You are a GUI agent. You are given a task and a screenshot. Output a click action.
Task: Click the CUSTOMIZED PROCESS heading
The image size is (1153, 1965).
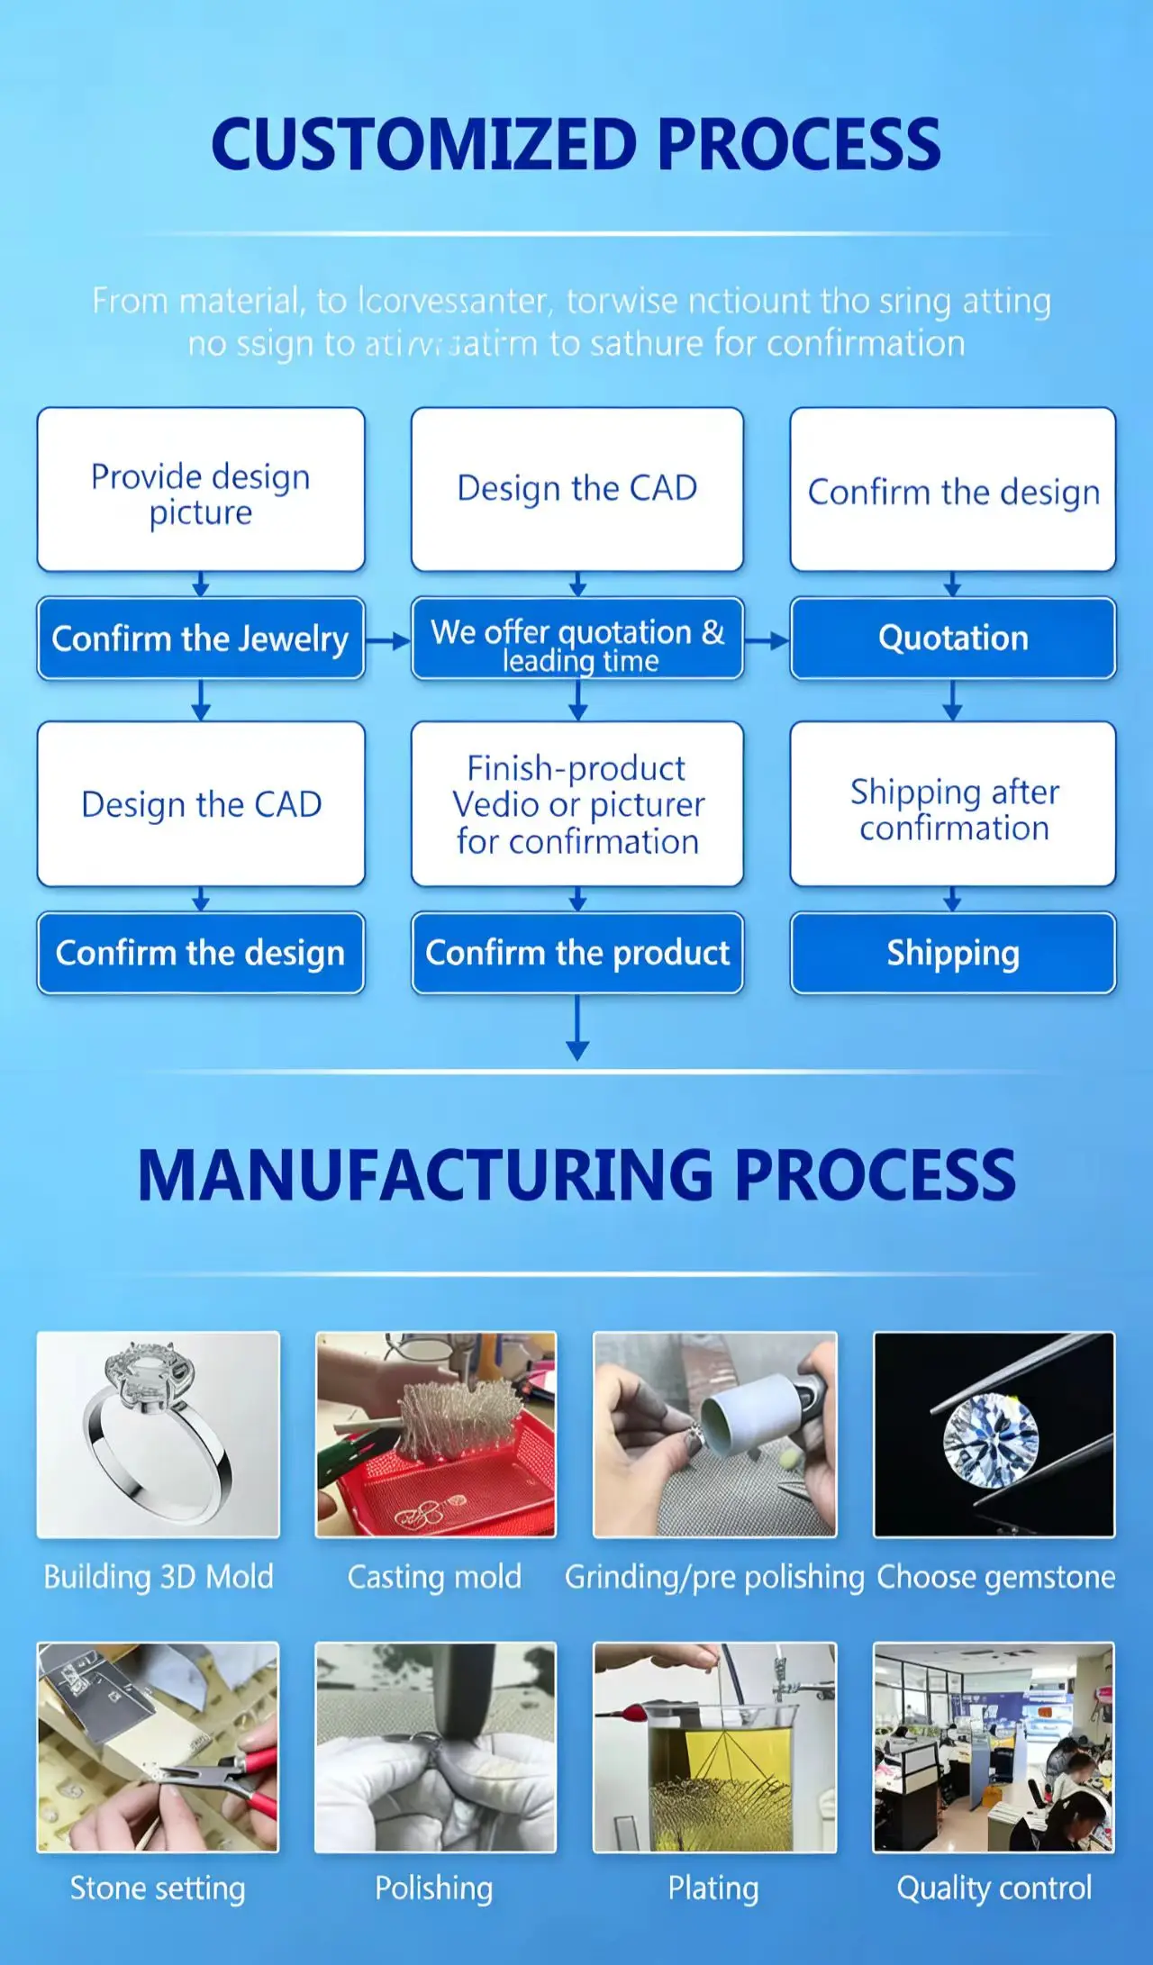coord(576,144)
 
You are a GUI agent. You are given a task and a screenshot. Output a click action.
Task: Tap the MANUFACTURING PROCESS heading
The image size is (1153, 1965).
coord(576,1175)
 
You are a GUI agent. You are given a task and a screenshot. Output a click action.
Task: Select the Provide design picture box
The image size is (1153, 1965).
coord(201,491)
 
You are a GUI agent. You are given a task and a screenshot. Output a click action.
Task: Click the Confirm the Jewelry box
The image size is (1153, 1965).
coord(201,638)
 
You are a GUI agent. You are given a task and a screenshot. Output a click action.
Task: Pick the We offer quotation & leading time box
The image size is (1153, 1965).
coord(577,638)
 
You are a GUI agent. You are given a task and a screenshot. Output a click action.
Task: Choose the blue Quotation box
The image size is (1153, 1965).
coord(953,638)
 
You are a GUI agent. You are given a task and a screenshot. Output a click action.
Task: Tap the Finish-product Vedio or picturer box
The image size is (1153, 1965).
coord(577,804)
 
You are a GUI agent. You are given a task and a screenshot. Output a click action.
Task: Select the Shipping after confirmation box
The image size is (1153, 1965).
coord(953,804)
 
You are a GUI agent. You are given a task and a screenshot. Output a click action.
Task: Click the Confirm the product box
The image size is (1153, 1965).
coord(577,953)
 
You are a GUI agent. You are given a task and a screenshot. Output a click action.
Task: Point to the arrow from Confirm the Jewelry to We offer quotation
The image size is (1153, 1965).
coord(388,641)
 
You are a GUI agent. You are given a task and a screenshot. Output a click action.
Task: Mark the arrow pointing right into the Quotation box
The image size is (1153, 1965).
coord(767,641)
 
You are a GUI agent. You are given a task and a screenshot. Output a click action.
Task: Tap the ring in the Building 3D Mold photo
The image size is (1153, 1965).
coord(158,1432)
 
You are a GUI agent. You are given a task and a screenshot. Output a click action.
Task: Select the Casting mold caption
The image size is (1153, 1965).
coord(434,1577)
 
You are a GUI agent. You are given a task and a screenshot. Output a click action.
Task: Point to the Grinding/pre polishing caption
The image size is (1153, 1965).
coord(714,1577)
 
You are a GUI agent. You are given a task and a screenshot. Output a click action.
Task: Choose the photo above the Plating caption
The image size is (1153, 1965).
coord(714,1747)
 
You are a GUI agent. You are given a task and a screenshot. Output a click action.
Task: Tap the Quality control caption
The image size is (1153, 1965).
coord(994,1888)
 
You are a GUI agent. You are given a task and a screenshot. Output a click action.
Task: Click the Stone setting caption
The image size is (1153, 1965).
coord(158,1888)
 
